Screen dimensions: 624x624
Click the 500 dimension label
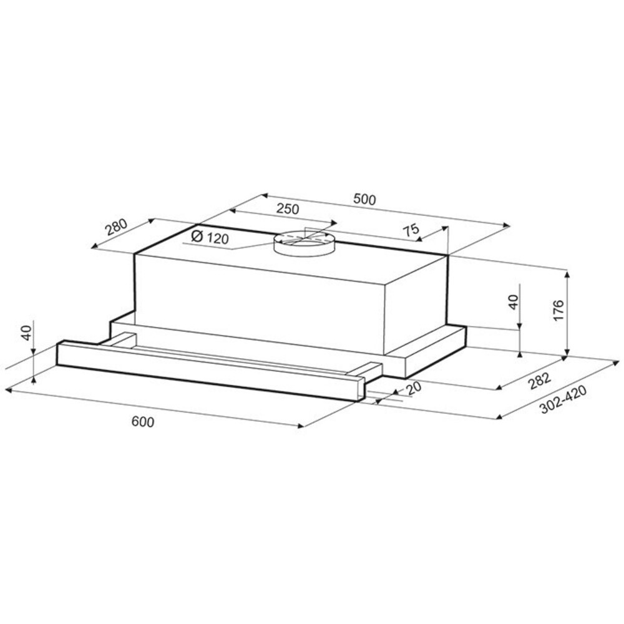click(x=364, y=199)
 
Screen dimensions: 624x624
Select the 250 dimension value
click(x=287, y=208)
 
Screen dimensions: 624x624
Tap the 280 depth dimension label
click(x=116, y=228)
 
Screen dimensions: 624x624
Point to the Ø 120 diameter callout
click(x=210, y=237)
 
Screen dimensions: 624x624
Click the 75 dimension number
click(x=411, y=230)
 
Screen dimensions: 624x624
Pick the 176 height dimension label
click(x=558, y=310)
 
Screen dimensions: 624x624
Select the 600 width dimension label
click(x=142, y=422)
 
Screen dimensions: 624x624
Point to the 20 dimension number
click(x=413, y=388)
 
